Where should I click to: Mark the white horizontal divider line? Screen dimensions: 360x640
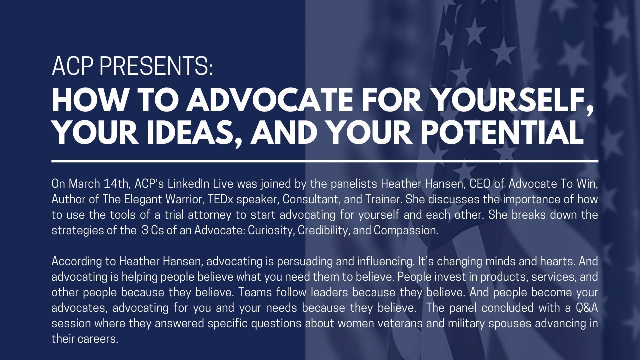point(325,161)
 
